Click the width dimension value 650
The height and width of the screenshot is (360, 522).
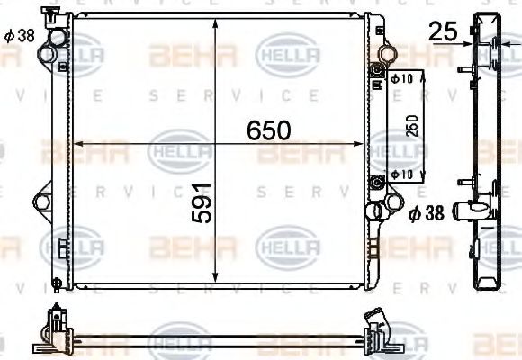(269, 131)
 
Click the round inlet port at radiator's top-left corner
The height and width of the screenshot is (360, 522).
(58, 39)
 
